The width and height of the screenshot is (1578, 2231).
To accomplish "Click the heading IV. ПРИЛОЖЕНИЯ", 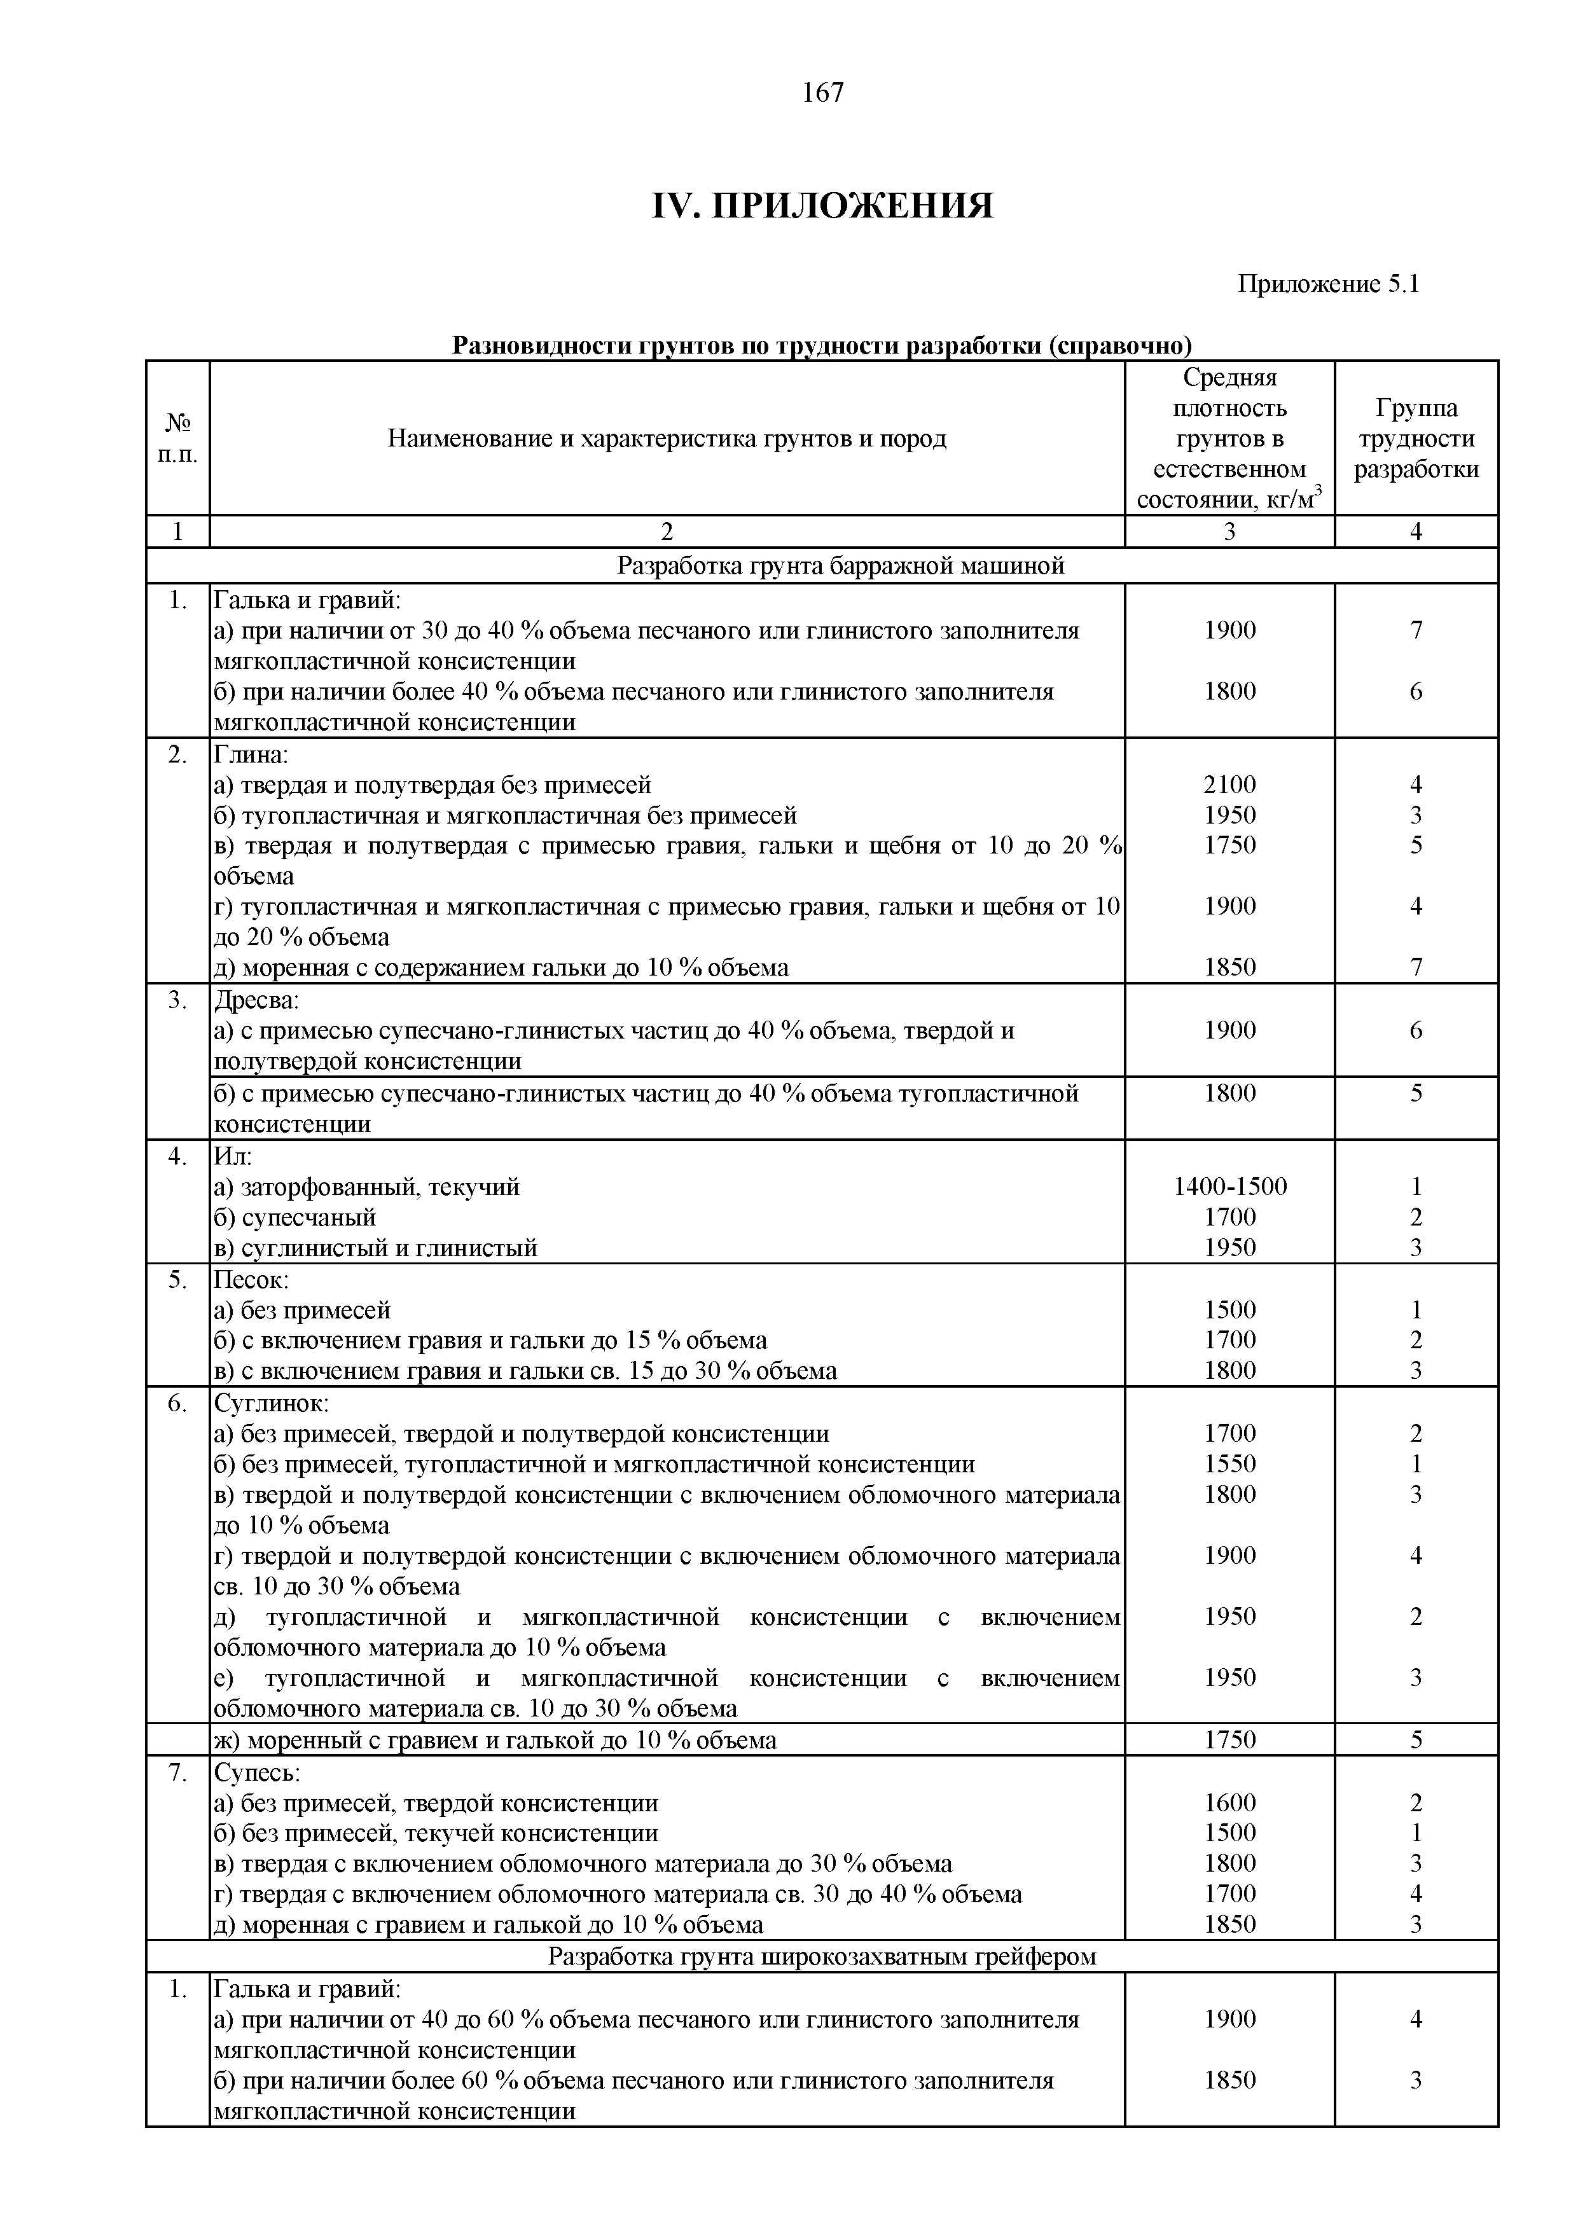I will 822,206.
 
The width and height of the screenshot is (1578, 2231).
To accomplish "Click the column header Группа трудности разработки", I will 1416,438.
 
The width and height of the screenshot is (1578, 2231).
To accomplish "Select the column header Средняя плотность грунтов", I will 1229,438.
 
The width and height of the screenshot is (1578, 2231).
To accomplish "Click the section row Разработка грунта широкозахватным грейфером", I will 821,1956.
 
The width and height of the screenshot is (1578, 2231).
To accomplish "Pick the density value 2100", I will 1229,784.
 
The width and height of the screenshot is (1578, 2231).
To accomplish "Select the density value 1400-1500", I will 1229,1187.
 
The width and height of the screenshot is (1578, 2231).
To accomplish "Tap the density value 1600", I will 1229,1802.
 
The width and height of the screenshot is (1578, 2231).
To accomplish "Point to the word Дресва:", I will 256,1000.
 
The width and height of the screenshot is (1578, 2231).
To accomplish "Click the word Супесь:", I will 256,1772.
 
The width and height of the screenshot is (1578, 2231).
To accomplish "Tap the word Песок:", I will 251,1280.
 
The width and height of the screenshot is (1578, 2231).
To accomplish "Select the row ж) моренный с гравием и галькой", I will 495,1740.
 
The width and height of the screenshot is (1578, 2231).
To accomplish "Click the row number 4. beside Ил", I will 177,1156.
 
